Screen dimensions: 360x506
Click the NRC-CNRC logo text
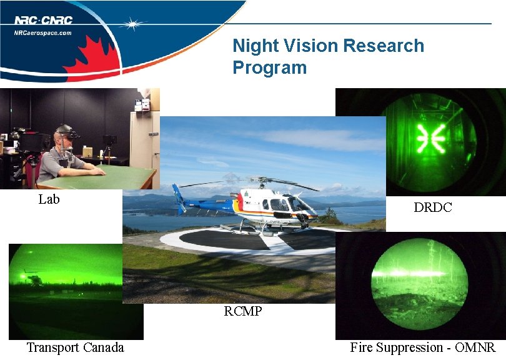(43, 20)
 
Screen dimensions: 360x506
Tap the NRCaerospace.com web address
(43, 32)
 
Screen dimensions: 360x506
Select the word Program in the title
(270, 67)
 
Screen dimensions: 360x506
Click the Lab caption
(49, 199)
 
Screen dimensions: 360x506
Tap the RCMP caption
(242, 311)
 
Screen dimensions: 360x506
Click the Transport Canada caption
(75, 347)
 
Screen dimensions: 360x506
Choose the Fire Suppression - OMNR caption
(422, 347)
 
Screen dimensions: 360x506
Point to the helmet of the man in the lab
(63, 131)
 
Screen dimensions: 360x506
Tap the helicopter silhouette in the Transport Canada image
(34, 277)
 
